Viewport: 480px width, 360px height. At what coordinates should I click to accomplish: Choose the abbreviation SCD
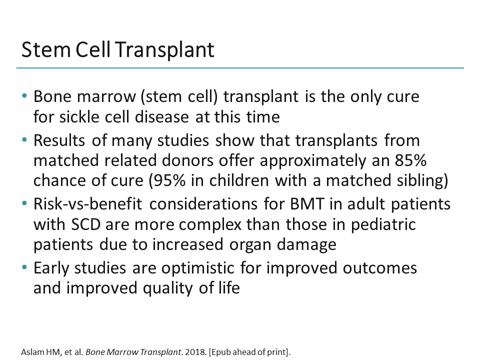83,224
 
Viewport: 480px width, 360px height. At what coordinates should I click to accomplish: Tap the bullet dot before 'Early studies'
24,268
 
